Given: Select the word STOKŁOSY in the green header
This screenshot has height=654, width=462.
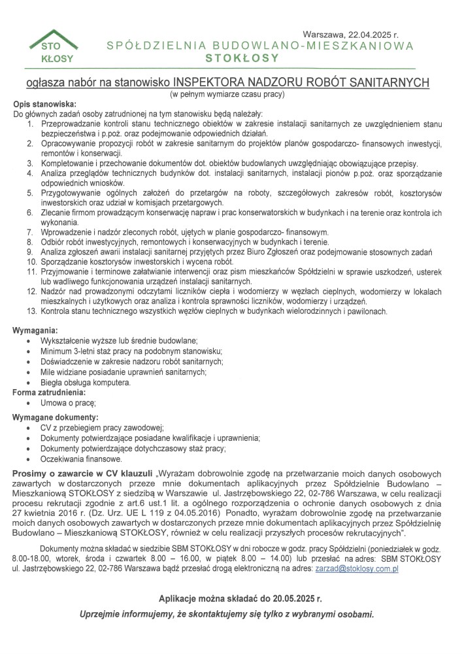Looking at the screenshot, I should [242, 58].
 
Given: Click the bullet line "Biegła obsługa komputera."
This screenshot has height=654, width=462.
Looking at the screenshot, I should [86, 383].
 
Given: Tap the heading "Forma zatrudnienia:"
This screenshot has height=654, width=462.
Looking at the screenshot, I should [49, 392].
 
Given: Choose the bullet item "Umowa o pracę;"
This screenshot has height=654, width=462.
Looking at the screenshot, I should [69, 404].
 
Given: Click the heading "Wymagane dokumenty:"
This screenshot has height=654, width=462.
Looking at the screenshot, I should [55, 417].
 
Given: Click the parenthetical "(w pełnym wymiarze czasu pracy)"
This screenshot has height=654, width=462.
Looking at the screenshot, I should [229, 95].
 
